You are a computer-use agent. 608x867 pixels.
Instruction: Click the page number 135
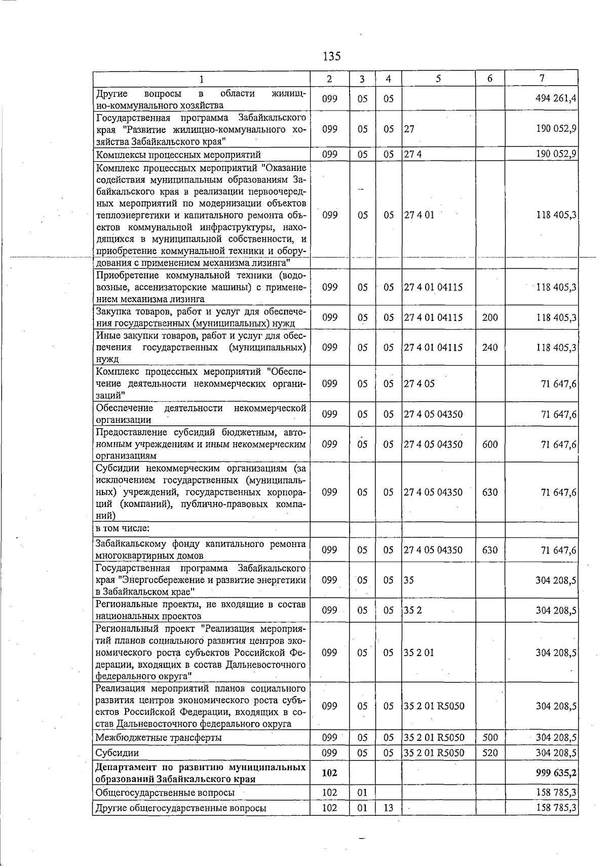pyautogui.click(x=332, y=56)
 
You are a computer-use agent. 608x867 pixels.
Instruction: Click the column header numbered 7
pyautogui.click(x=542, y=78)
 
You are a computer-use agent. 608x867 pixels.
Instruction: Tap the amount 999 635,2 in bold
pyautogui.click(x=556, y=773)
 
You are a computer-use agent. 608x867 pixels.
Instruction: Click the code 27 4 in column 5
pyautogui.click(x=413, y=155)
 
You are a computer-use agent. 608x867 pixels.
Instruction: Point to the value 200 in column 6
pyautogui.click(x=490, y=317)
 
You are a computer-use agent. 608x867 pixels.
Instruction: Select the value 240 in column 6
pyautogui.click(x=490, y=347)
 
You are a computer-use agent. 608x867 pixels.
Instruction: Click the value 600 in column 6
pyautogui.click(x=490, y=444)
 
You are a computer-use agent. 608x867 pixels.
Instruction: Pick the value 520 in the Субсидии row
pyautogui.click(x=490, y=753)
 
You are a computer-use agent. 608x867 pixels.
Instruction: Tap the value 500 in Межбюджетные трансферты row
pyautogui.click(x=490, y=737)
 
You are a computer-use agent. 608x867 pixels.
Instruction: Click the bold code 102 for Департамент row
pyautogui.click(x=329, y=773)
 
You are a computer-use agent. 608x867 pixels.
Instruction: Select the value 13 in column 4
pyautogui.click(x=388, y=808)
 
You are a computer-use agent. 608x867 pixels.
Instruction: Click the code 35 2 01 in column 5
pyautogui.click(x=419, y=653)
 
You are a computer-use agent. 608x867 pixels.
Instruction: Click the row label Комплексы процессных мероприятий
pyautogui.click(x=178, y=155)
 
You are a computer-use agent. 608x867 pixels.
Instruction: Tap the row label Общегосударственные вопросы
pyautogui.click(x=165, y=792)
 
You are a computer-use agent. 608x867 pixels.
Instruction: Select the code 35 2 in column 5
pyautogui.click(x=413, y=610)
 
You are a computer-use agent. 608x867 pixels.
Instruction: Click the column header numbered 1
pyautogui.click(x=201, y=79)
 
